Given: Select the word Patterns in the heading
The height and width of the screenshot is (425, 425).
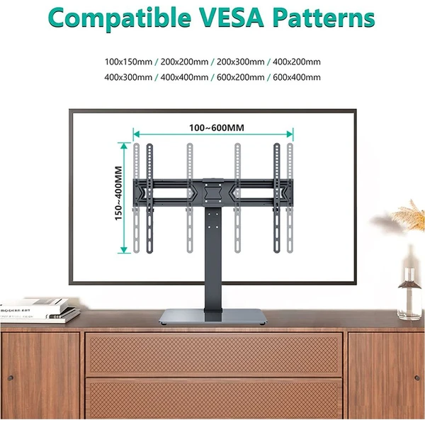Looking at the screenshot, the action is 324,18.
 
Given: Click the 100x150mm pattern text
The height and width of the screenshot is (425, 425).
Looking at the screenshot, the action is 128,62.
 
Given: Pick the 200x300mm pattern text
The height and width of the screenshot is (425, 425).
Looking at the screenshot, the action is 240,62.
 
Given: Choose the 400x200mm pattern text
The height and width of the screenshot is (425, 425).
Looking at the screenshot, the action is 297,62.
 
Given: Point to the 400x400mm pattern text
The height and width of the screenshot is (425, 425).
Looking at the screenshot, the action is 184,77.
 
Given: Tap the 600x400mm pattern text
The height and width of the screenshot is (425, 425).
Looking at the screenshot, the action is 297,77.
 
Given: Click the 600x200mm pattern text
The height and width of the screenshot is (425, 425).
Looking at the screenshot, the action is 240,77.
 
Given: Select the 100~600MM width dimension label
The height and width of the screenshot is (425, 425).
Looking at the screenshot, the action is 217,127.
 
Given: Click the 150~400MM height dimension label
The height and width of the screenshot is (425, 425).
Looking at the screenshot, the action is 118,193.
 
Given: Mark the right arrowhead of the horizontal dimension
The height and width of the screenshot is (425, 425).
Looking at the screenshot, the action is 290,134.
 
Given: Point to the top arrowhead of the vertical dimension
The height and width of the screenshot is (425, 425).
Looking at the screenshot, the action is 124,146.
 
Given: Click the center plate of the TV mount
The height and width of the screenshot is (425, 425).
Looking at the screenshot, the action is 212,193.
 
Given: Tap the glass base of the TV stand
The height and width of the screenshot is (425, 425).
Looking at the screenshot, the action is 213,317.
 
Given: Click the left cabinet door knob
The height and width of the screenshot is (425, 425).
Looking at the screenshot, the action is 11,378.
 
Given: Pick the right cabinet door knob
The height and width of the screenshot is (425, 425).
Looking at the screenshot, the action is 417,378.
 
